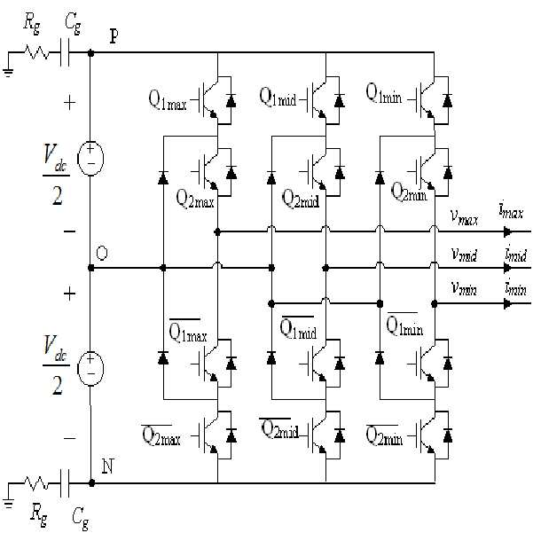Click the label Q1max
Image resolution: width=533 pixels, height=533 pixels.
click(168, 100)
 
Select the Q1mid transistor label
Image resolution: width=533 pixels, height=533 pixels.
click(278, 97)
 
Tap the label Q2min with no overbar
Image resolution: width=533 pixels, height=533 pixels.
click(409, 192)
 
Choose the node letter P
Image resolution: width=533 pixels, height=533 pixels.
click(114, 36)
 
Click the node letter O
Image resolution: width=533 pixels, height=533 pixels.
click(102, 254)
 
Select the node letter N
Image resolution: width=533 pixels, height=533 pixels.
click(108, 466)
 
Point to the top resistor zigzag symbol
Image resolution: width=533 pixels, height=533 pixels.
click(36, 52)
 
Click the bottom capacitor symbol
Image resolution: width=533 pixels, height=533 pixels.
click(64, 483)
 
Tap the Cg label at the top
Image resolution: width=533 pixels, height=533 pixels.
click(73, 24)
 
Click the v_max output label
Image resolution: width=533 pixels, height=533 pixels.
click(464, 217)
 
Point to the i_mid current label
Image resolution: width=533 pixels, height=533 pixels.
click(516, 254)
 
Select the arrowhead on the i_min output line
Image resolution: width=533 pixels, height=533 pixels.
click(507, 303)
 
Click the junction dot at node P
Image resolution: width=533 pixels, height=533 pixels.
click(90, 53)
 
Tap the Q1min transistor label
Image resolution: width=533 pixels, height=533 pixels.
click(384, 93)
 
